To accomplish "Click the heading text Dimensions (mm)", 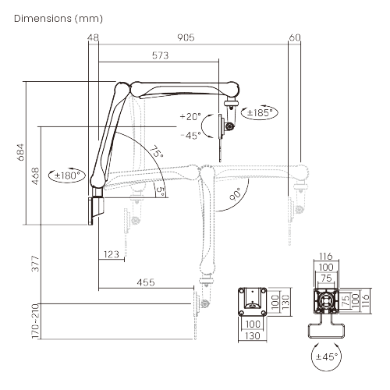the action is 58,19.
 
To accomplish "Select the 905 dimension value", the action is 186,37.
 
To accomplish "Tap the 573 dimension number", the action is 160,55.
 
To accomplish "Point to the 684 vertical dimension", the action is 21,152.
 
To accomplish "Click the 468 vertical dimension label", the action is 35,176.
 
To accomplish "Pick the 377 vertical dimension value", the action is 35,264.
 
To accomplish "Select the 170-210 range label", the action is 35,321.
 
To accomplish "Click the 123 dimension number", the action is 112,254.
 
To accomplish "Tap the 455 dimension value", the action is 146,282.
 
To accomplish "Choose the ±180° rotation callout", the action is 67,175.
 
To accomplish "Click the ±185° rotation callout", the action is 260,112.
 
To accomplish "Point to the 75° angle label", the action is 157,151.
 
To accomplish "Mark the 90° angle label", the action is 236,194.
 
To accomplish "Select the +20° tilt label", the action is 190,116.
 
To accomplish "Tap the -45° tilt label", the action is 190,135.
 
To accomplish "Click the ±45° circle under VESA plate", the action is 327,356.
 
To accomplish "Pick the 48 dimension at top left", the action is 93,37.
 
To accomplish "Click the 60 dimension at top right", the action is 295,37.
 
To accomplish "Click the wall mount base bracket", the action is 96,211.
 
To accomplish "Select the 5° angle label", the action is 161,192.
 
